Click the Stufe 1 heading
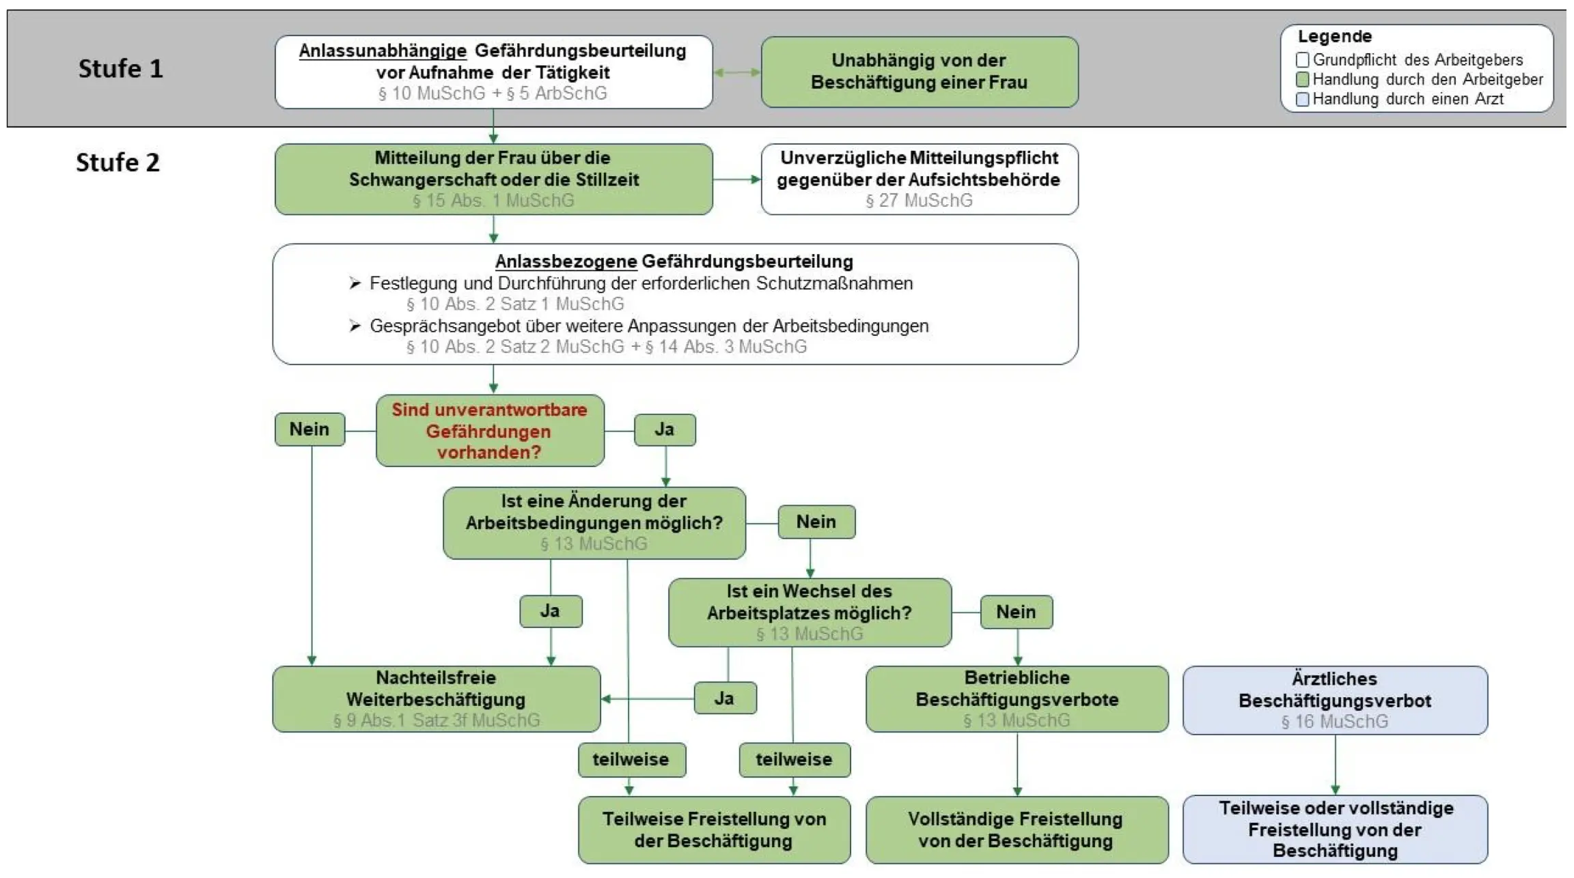120,69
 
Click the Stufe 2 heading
118,162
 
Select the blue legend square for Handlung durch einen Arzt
1303,100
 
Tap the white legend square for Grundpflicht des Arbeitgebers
1303,60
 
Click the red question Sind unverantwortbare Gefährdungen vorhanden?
489,431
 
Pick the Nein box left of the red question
309,429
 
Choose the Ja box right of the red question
665,430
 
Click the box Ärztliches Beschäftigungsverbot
1334,700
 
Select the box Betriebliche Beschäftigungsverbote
1017,698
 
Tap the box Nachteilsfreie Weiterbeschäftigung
436,698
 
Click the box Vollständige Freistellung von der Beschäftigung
1016,830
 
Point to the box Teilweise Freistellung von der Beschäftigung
714,830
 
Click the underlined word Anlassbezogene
566,261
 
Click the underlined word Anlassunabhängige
383,51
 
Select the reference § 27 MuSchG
919,201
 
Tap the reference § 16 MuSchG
1334,722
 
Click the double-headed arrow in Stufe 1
736,72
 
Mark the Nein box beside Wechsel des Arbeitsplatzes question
1016,612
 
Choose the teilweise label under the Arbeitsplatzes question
794,760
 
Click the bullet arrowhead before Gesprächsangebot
355,326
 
